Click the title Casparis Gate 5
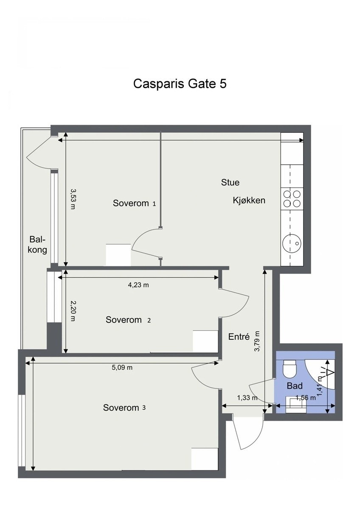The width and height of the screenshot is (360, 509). (180, 84)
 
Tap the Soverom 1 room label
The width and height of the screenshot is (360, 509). (134, 203)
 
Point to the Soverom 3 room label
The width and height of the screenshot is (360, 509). (124, 408)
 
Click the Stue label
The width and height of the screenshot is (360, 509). (230, 182)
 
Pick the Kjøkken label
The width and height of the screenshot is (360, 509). (249, 200)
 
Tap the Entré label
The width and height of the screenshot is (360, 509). (239, 337)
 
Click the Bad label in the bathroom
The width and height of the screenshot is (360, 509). (295, 386)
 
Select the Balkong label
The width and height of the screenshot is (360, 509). (37, 244)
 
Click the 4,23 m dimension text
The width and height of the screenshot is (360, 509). (138, 285)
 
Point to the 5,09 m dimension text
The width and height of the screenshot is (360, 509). (122, 368)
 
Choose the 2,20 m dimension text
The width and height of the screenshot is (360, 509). (73, 311)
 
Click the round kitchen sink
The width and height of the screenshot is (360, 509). (292, 243)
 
